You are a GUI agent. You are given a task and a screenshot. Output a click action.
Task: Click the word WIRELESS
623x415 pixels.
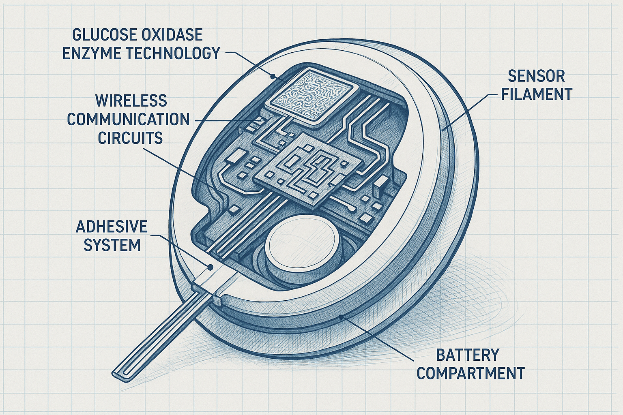tap(131, 101)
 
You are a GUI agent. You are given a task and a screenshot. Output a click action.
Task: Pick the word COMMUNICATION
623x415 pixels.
tap(128, 120)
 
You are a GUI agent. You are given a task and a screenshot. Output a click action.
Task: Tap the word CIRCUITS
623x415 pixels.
tap(130, 138)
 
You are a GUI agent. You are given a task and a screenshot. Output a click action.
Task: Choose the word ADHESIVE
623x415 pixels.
tap(112, 227)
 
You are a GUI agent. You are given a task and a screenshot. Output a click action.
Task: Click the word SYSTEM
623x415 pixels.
tap(112, 245)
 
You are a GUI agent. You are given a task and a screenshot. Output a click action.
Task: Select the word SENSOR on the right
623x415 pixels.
tap(536, 76)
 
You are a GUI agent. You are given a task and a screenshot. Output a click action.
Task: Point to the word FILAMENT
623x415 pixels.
tap(536, 94)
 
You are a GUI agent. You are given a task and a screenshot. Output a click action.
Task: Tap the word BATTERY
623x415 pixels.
tap(467, 355)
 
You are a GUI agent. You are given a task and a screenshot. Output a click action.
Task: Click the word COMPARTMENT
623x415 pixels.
tap(470, 373)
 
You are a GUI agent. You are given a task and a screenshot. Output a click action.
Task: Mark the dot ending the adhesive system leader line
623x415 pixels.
tap(210, 267)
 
